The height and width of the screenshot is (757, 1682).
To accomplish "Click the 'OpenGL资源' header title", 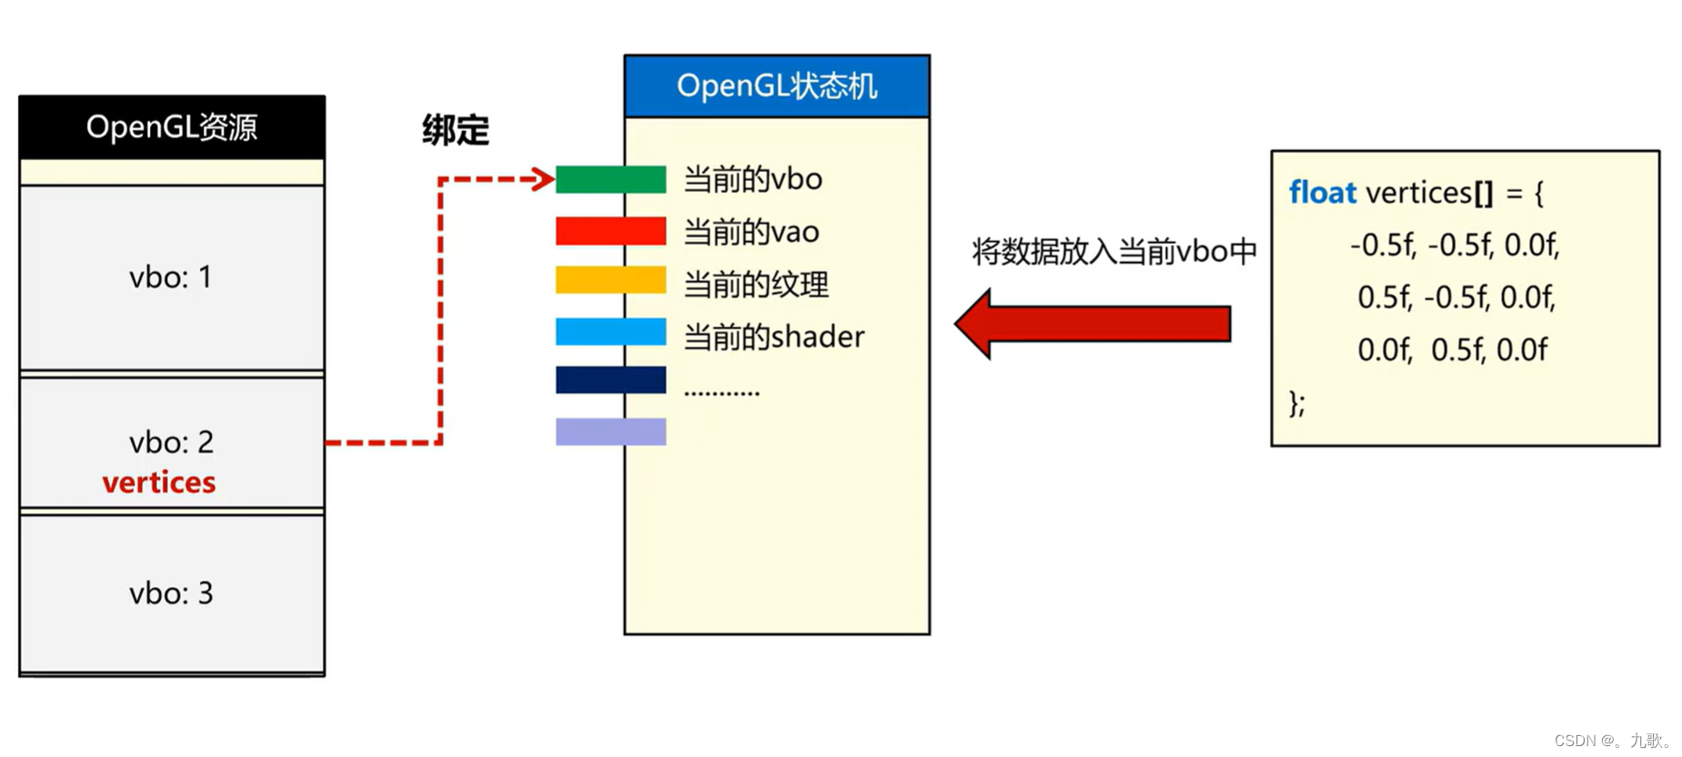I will (x=171, y=127).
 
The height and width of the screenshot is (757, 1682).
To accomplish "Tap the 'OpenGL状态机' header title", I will (x=777, y=86).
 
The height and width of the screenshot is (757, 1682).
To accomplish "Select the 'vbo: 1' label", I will (x=170, y=277).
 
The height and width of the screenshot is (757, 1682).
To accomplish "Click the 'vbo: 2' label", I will (x=171, y=442).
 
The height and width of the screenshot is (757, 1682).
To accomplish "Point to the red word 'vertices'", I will (x=159, y=482).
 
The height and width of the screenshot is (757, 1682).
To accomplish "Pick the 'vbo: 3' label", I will (x=171, y=593).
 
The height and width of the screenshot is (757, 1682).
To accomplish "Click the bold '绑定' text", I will (x=455, y=130).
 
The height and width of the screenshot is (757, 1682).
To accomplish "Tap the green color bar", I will (x=610, y=179).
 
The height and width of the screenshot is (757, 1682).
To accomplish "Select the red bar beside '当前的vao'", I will (x=610, y=231).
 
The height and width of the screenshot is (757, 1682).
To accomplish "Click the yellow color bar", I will (x=610, y=279).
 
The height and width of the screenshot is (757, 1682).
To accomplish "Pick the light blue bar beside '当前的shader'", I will (x=610, y=331).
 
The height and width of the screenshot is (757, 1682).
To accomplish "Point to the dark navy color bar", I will (x=610, y=379).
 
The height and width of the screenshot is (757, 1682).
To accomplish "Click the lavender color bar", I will (x=610, y=431).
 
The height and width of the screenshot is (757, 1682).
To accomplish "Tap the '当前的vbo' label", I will (x=752, y=179).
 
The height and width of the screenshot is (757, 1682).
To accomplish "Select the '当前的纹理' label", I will (x=756, y=285).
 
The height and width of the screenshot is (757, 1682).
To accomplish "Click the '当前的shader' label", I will (x=773, y=337).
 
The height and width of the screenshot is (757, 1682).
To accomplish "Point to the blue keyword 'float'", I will (x=1322, y=193).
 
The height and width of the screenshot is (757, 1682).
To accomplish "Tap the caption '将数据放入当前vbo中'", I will (x=1113, y=251).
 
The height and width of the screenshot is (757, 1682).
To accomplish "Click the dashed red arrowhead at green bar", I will (x=543, y=179).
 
